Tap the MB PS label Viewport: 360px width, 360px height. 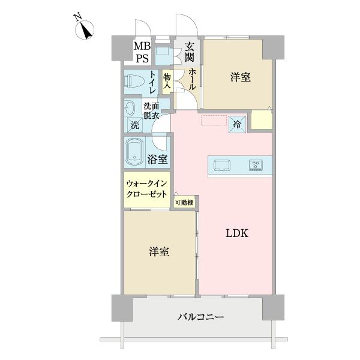point(143,52)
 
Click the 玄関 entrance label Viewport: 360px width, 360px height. point(189,52)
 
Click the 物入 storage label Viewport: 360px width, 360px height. point(167,82)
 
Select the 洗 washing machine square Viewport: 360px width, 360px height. point(134,125)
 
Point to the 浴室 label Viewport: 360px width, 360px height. point(157,160)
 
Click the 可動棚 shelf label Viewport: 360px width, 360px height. point(184,203)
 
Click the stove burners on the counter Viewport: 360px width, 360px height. point(256,164)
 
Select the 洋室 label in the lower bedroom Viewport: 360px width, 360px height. point(159,252)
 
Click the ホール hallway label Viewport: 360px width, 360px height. point(191,79)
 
